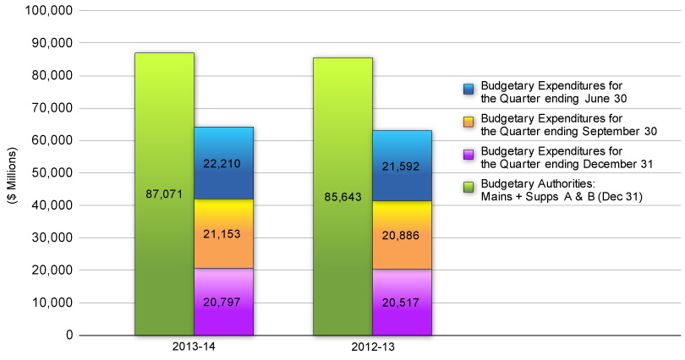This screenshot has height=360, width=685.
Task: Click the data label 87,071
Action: (x=164, y=194)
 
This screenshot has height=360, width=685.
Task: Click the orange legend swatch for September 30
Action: (x=469, y=123)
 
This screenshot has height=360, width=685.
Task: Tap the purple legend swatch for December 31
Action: (x=469, y=155)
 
